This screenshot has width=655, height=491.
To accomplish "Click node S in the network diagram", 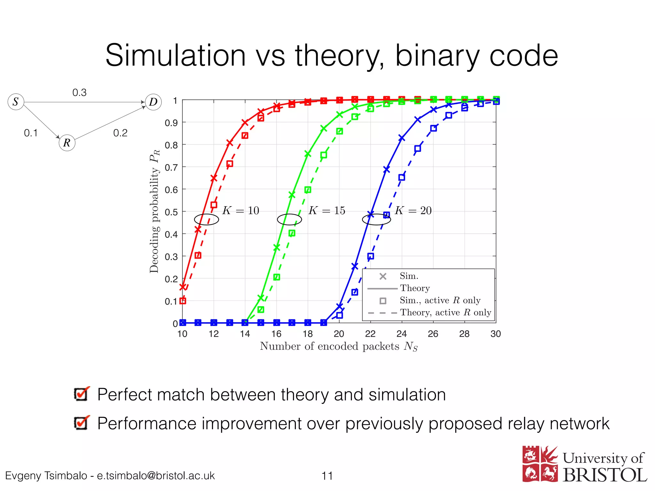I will (16, 102).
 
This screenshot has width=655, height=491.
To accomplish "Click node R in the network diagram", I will (67, 143).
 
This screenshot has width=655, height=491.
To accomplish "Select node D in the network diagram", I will (153, 102).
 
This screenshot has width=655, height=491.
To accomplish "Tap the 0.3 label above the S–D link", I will (79, 93).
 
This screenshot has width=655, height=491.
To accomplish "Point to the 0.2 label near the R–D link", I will (120, 133).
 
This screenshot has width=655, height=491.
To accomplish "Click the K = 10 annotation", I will (241, 211).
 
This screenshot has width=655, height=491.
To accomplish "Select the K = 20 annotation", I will (413, 211).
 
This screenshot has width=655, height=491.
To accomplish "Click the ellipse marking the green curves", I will (289, 219).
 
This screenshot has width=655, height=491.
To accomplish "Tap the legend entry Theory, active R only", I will (445, 313).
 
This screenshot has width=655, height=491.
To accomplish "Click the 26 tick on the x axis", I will (433, 334).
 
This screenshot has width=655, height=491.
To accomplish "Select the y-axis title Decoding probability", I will (154, 211).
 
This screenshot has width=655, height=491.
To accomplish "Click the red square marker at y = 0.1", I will (183, 301).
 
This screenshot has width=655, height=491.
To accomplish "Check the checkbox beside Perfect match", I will (81, 394).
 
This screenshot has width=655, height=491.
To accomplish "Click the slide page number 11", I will (327, 476).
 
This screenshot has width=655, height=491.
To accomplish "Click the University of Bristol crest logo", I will (540, 464).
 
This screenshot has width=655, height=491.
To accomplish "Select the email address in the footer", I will (156, 476).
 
